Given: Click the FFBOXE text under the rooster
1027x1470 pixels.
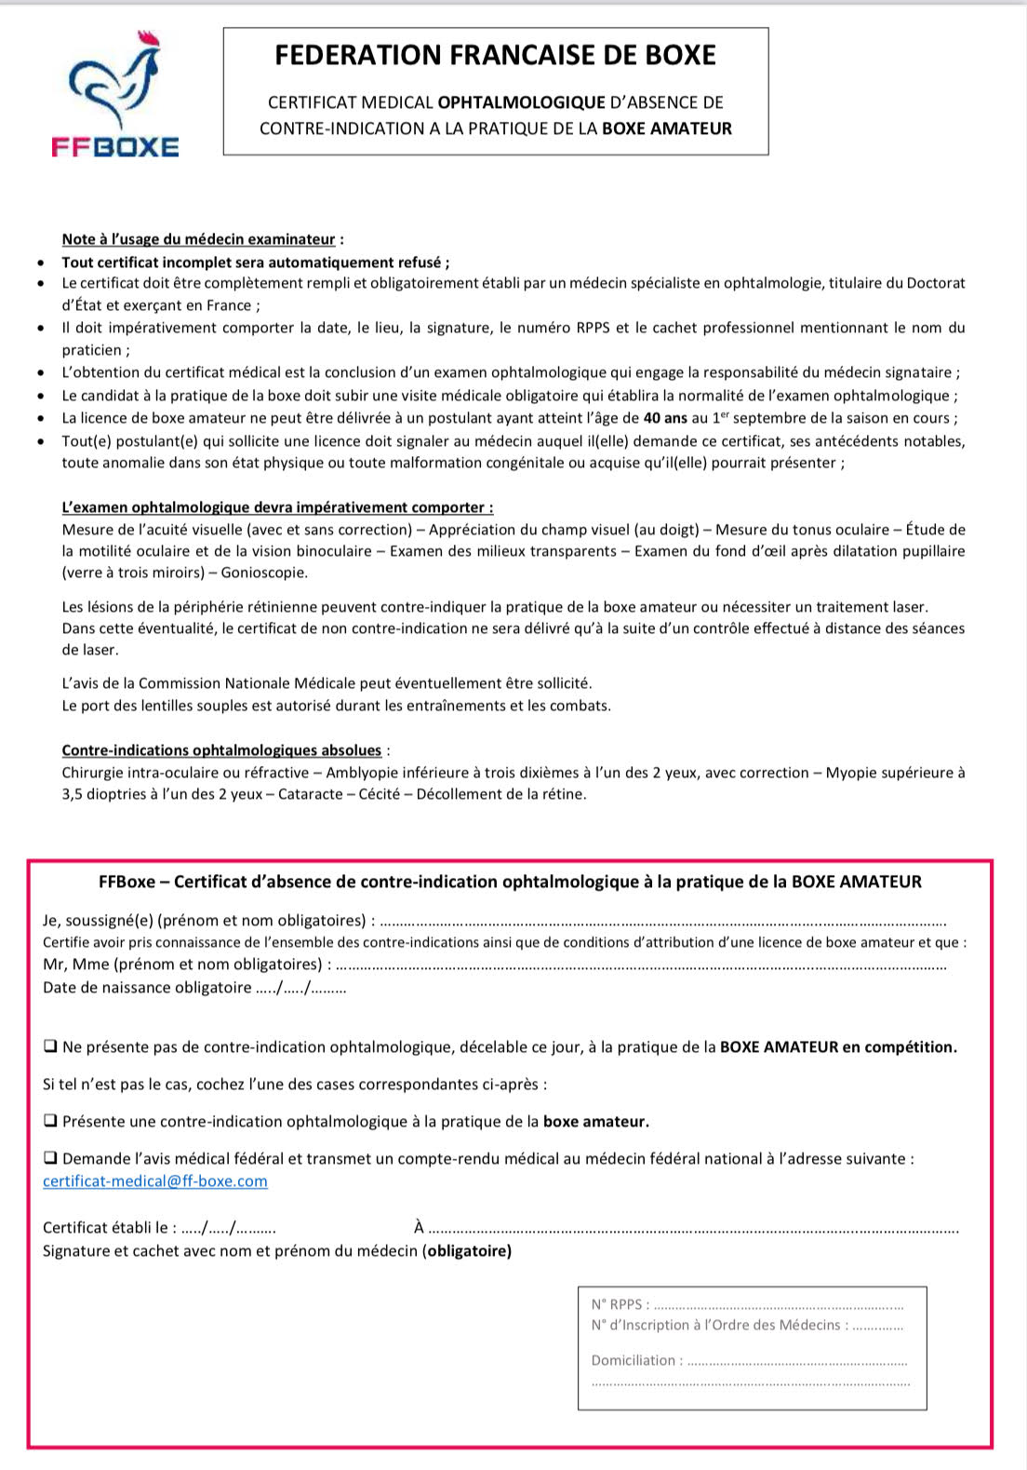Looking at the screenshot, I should tap(115, 147).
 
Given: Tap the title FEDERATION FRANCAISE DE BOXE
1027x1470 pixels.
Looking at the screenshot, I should tap(495, 56).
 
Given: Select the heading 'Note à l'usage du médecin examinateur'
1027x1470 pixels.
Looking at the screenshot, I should tap(198, 240).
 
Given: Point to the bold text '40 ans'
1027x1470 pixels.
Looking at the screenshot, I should tap(665, 418).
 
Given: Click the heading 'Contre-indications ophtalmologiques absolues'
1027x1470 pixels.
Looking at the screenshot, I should tap(221, 750).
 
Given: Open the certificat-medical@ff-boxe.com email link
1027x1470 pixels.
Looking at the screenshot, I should tap(155, 1181).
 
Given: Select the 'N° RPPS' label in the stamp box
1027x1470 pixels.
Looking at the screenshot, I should tap(618, 1304).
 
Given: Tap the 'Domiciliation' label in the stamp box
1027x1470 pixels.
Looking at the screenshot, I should tap(634, 1360).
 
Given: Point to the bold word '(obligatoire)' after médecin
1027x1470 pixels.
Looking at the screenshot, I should tap(467, 1250).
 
